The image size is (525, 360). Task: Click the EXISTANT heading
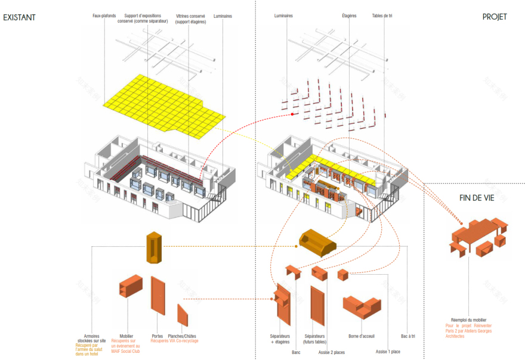(19, 17)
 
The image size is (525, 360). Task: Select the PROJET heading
(495, 17)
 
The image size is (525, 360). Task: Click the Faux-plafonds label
(104, 16)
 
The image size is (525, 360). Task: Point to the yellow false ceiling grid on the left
(161, 104)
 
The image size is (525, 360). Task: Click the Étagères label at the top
(350, 16)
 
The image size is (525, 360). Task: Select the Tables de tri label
(382, 16)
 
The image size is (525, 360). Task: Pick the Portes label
(157, 336)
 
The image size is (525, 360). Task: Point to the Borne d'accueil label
(362, 336)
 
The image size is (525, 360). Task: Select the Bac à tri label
(408, 336)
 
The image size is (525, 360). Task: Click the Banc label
(296, 352)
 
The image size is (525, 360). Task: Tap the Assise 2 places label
(332, 352)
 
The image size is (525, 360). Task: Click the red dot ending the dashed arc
(292, 115)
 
